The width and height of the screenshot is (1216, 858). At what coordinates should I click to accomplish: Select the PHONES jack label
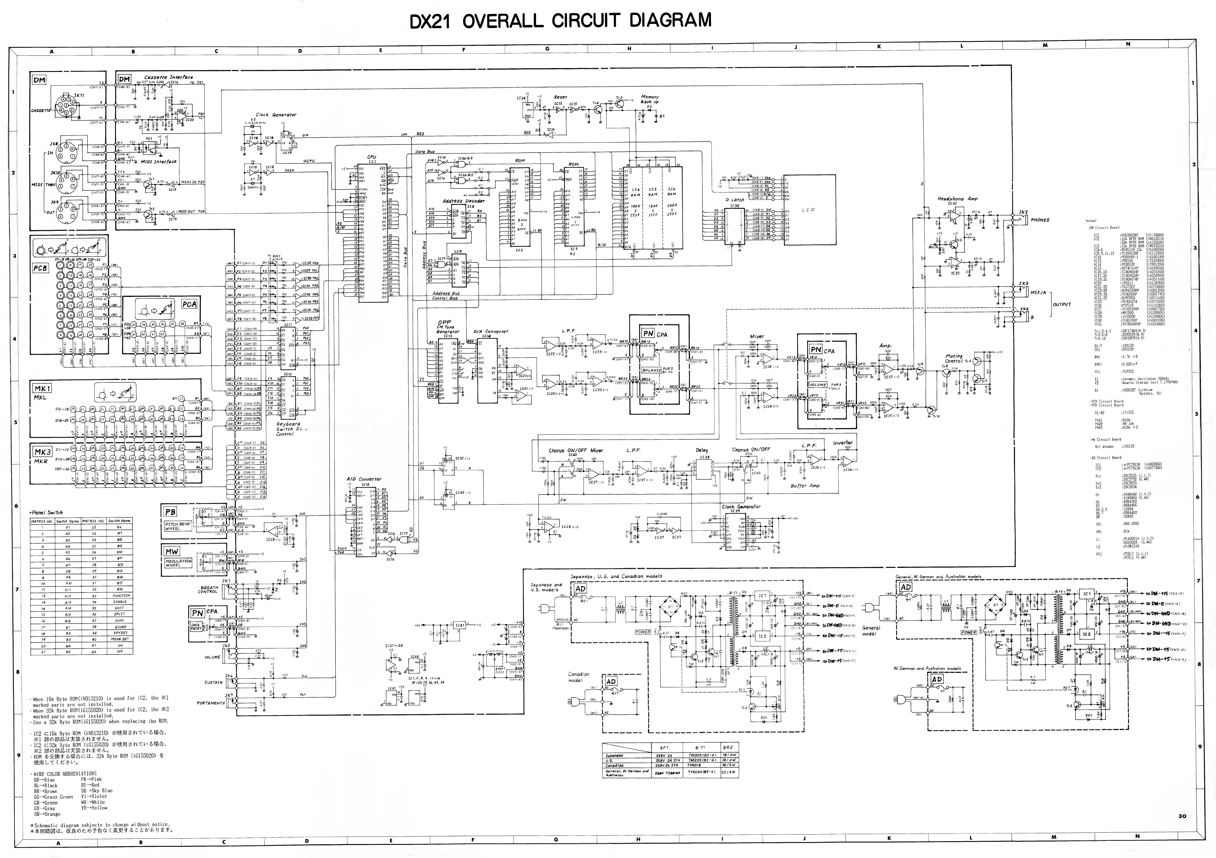pos(1040,220)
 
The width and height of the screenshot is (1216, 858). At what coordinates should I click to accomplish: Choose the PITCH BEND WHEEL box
pos(177,526)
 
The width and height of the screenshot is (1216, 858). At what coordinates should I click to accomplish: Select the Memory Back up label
pos(649,99)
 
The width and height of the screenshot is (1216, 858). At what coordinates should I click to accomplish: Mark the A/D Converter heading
pos(363,479)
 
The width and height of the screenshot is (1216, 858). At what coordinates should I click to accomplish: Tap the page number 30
pos(1182,816)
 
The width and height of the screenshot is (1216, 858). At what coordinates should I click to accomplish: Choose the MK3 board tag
pos(42,451)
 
